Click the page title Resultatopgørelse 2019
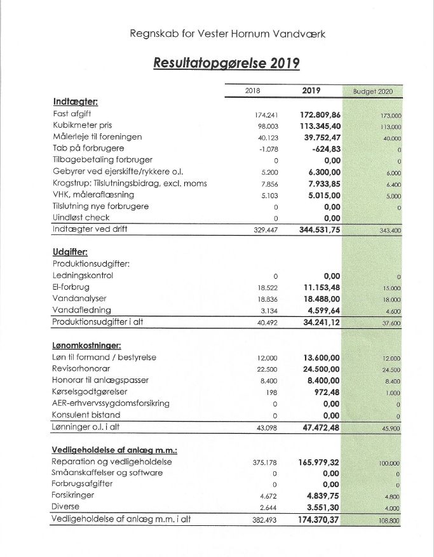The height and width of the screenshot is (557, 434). point(226,64)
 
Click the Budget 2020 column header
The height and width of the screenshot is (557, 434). point(372,91)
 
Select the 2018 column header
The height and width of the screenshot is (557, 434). point(253,91)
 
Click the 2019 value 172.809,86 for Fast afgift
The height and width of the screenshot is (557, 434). point(320,114)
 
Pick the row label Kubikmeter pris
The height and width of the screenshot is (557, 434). point(83,126)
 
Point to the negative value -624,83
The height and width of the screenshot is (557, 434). point(326,149)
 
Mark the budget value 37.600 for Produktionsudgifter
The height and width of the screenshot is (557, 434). point(391,323)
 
